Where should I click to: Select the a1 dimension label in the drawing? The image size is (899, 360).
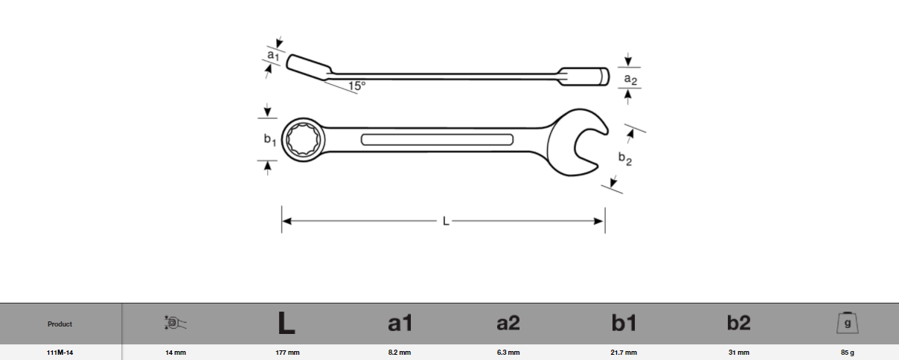point(273,55)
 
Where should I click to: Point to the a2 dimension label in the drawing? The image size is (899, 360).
point(630,78)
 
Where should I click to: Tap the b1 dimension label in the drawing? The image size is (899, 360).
point(269,139)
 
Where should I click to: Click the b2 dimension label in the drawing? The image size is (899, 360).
point(624,158)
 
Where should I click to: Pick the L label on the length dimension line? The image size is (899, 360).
point(445,221)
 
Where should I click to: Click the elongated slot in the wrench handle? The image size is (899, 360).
point(437,140)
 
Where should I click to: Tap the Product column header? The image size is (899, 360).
point(60,324)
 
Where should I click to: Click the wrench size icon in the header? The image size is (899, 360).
point(174,323)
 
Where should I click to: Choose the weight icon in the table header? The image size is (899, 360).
point(848,323)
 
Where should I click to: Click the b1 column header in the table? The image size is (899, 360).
point(624,323)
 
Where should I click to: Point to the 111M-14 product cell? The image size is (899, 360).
point(60,353)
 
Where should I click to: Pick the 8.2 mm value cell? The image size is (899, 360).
point(400,353)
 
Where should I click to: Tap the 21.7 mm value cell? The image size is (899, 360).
point(624,353)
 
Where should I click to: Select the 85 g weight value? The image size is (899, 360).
point(848,353)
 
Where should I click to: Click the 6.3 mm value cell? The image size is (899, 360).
point(508,353)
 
